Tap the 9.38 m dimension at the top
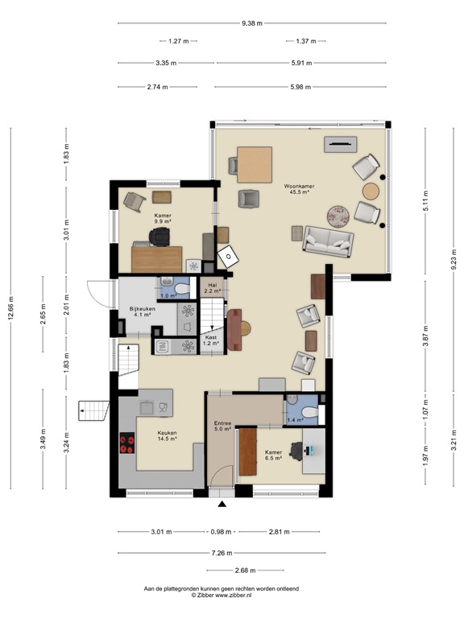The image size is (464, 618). click(252, 23)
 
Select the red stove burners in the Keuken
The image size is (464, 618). click(127, 443)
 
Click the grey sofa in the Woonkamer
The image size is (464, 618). click(328, 241)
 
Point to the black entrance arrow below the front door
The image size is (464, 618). click(222, 504)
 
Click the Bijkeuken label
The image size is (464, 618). click(142, 309)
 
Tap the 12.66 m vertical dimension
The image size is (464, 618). click(11, 308)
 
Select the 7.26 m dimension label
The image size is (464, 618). click(222, 553)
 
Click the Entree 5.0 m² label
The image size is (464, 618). click(222, 426)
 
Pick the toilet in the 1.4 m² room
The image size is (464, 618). click(309, 412)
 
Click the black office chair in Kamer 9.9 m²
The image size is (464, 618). click(159, 237)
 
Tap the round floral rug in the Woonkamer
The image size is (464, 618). click(338, 216)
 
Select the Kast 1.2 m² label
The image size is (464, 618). click(211, 340)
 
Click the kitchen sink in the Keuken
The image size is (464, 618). click(147, 407)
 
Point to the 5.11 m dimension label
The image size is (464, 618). click(425, 201)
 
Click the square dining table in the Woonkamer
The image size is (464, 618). click(255, 165)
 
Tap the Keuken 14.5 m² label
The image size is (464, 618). click(168, 435)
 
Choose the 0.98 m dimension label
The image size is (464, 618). click(221, 532)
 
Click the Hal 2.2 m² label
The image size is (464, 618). click(213, 288)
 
